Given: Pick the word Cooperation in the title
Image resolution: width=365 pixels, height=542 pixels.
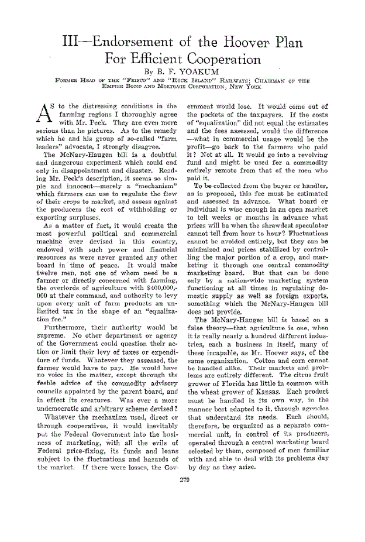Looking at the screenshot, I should tap(213, 59).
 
